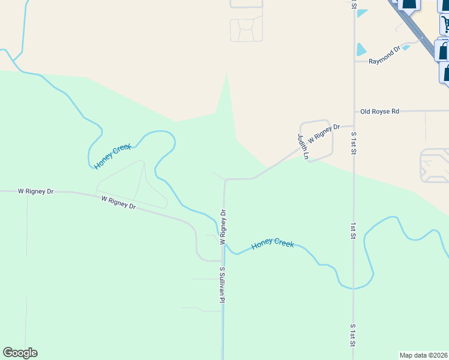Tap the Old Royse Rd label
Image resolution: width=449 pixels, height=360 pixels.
(x=379, y=112)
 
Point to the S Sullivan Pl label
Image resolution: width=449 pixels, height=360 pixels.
(x=222, y=284)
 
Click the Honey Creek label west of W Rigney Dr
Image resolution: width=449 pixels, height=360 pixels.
(x=113, y=155)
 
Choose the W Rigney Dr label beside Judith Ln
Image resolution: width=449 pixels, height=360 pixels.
(x=324, y=133)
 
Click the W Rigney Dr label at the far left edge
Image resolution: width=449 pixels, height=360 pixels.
(x=35, y=191)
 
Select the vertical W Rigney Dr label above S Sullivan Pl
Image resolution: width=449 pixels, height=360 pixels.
(x=223, y=227)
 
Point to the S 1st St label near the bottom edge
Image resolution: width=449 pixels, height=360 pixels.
(x=354, y=335)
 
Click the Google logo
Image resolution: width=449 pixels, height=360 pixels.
(x=20, y=353)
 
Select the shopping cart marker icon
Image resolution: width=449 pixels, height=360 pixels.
(x=445, y=24)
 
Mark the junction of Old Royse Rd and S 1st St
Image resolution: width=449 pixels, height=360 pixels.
(x=354, y=112)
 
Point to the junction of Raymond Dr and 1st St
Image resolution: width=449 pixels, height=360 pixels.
(x=354, y=61)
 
